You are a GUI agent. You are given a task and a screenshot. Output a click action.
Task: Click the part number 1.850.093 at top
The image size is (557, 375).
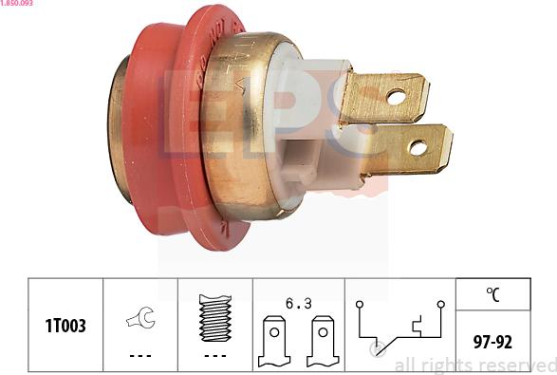pyautogui.click(x=18, y=5)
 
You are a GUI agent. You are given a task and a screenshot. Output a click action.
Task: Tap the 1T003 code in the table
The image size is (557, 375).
pyautogui.click(x=65, y=326)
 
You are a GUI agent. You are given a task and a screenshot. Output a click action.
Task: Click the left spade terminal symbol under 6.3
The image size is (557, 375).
pyautogui.click(x=273, y=340)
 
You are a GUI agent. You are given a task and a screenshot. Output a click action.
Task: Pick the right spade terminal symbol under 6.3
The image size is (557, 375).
pyautogui.click(x=322, y=340)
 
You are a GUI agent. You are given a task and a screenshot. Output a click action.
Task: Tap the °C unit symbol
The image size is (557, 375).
pyautogui.click(x=493, y=294)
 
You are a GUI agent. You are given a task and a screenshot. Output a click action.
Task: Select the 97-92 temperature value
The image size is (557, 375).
pyautogui.click(x=493, y=339)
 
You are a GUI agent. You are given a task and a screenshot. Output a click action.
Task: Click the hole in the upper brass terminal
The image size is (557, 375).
pyautogui.click(x=395, y=96)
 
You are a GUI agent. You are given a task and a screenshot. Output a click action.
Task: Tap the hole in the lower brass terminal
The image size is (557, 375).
pyautogui.click(x=417, y=148)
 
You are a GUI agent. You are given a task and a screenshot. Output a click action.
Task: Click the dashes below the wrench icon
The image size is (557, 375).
pyautogui.click(x=139, y=356)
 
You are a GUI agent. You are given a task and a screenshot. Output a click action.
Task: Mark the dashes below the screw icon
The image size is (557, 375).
pyautogui.click(x=215, y=356)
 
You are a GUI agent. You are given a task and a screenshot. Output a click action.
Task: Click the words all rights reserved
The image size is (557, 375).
pyautogui.click(x=474, y=366)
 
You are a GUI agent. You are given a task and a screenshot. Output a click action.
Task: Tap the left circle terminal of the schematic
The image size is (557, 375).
pyautogui.click(x=359, y=304)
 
